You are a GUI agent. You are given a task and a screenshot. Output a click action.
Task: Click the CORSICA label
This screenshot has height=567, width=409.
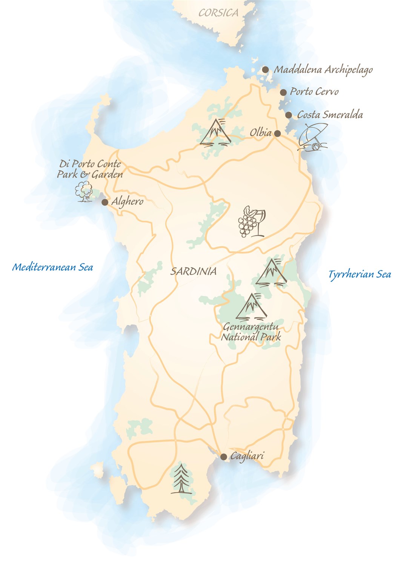pos(218,13)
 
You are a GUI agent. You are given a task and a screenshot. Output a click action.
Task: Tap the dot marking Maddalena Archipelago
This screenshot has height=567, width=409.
pos(266,70)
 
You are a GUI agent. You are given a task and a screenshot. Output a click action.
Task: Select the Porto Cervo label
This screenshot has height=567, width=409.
pos(314,91)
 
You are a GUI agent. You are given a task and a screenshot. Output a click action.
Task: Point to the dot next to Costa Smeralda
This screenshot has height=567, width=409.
pos(289,115)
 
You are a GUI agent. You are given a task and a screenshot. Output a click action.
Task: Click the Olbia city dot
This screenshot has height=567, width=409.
pos(277,133)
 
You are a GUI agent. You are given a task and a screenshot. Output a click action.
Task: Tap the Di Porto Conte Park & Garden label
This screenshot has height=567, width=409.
pos(90,169)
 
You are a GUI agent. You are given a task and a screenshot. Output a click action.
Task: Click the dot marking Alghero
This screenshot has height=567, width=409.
pos(105,203)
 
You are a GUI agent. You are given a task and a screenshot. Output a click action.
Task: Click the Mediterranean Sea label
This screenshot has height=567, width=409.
pos(52,267)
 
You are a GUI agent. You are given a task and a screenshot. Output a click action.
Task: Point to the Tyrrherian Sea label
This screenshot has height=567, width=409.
pos(360,274)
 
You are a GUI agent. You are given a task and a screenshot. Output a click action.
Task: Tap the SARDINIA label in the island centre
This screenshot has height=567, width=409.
pos(194,271)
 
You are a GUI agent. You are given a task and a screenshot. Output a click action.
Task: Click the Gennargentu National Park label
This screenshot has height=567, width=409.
pos(251,332)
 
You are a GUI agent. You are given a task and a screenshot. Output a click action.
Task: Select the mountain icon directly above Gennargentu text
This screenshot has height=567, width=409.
pos(251,306)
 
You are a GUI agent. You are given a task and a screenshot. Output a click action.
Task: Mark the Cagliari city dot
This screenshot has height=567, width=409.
pos(224,457)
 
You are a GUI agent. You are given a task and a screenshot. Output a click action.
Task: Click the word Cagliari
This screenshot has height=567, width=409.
pos(247,456)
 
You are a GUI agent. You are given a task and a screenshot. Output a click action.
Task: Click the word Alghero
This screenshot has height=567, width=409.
pos(128,201)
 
